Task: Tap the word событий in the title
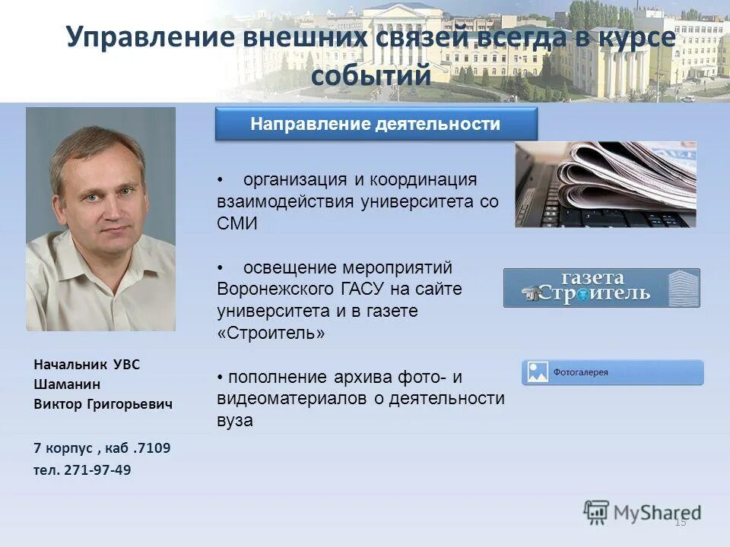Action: [x=371, y=75]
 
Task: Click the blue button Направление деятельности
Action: [x=376, y=125]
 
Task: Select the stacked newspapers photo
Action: [x=605, y=185]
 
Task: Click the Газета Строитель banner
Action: [x=601, y=288]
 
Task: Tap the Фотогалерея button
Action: [x=612, y=372]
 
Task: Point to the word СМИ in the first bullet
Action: [x=237, y=224]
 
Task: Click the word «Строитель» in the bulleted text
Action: [x=271, y=334]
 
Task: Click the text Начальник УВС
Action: [x=87, y=365]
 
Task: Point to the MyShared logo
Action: [x=643, y=512]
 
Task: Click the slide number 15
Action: [x=680, y=522]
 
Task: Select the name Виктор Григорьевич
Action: [x=103, y=404]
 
